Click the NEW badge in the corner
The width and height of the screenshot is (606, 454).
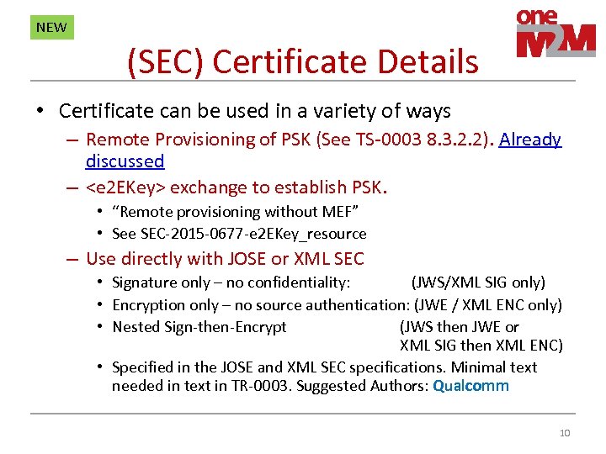(x=51, y=27)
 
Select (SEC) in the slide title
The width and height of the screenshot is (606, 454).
(x=165, y=61)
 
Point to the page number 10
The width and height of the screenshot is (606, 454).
(x=564, y=433)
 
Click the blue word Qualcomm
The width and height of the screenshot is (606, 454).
(x=470, y=386)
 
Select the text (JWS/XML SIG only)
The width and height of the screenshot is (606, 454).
(x=477, y=282)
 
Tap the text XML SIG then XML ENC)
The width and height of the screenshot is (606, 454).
(x=481, y=346)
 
